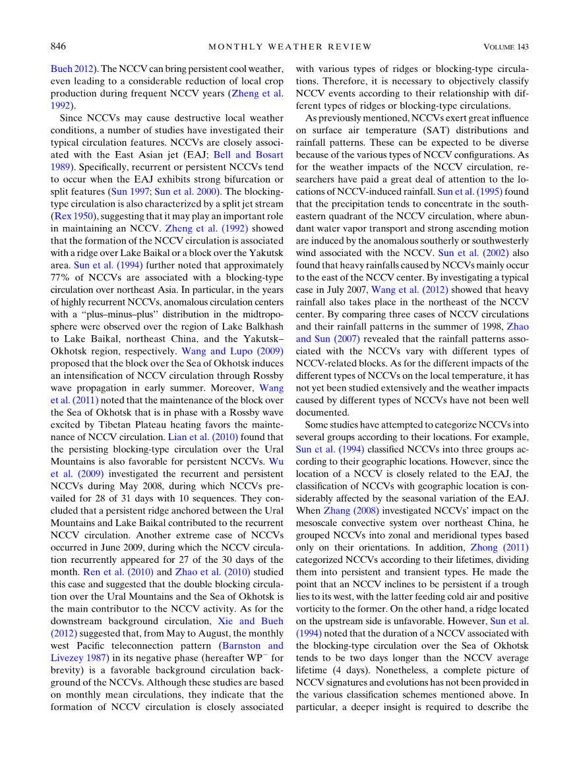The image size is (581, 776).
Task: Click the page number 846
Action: coord(59,46)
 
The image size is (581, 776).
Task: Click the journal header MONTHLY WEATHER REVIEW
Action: coord(290,46)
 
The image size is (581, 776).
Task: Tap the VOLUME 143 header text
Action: coord(506,46)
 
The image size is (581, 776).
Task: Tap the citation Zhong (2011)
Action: coord(499,547)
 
